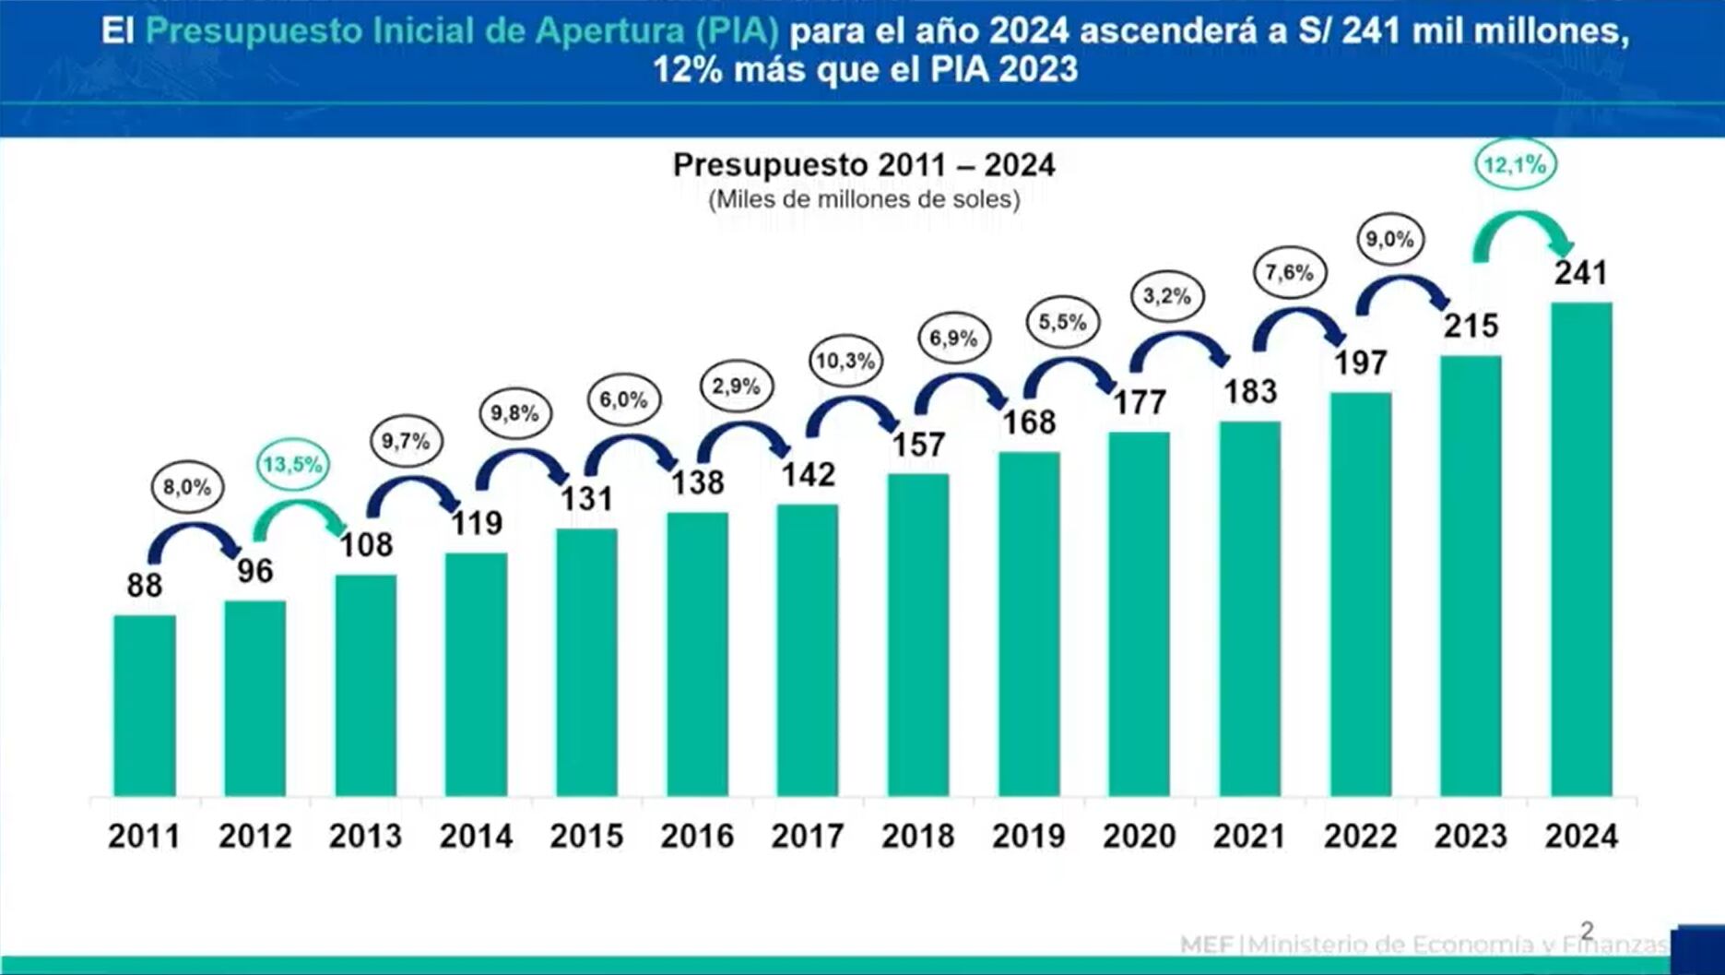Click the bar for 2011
tap(145, 706)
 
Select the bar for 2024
tap(1581, 549)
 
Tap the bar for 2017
tap(808, 650)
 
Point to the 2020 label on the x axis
tap(1139, 836)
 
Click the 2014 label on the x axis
tap(476, 836)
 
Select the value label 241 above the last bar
tap(1580, 273)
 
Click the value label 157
tap(918, 445)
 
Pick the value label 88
tap(145, 585)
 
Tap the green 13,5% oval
tap(292, 464)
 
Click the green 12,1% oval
tap(1514, 165)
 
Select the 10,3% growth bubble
tap(845, 361)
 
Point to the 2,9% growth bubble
tap(735, 386)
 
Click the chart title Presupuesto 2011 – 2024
tap(863, 165)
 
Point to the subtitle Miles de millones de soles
tap(863, 199)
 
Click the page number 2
tap(1587, 930)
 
